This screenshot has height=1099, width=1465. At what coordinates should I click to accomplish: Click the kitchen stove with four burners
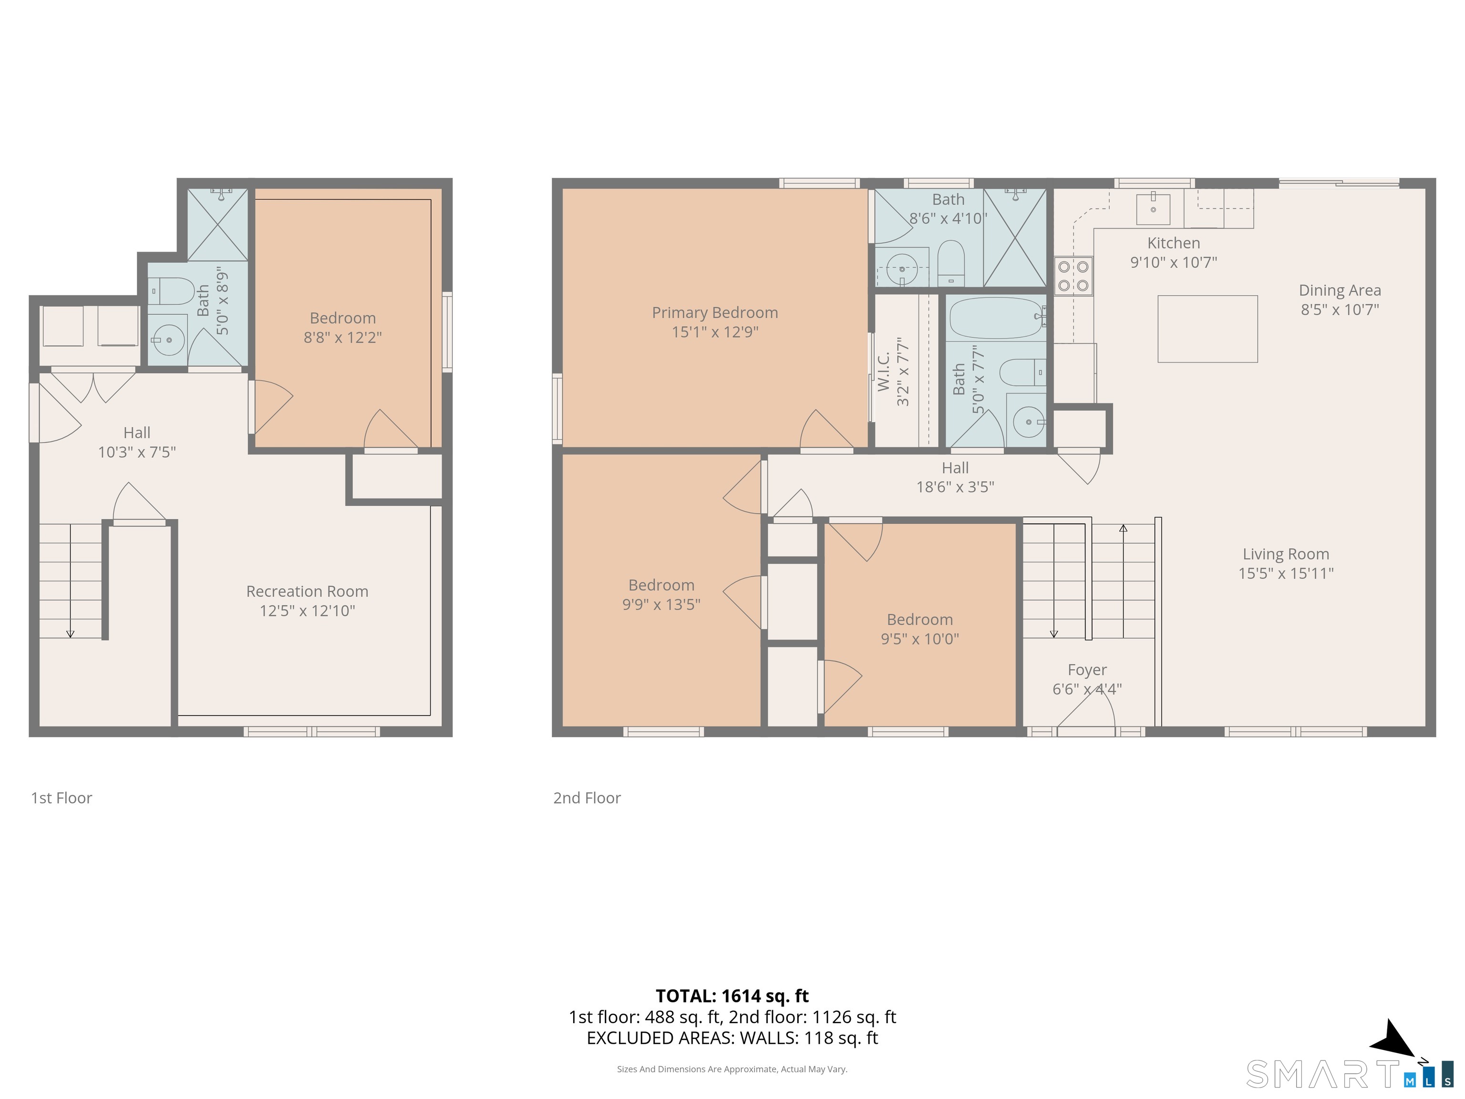pos(1073,276)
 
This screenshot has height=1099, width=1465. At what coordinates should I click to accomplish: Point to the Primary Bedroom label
pos(715,313)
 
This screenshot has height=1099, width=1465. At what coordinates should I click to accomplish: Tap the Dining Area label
pos(1339,290)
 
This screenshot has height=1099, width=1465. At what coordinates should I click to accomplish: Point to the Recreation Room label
pos(307,591)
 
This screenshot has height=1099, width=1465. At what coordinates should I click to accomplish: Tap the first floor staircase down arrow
pos(70,632)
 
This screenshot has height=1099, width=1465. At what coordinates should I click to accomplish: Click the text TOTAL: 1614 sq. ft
pos(732,995)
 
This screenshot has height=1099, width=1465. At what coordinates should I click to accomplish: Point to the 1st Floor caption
pos(62,798)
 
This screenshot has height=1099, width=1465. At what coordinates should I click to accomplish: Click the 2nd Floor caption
pos(587,798)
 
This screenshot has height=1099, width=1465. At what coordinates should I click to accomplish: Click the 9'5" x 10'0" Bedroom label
pos(919,629)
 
